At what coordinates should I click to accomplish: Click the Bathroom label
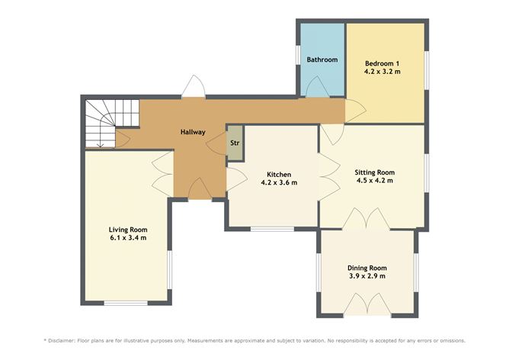pos(322,59)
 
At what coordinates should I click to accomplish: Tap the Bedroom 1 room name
pos(382,63)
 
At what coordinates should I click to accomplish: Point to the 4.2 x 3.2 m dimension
pos(382,72)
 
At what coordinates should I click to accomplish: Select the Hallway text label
pos(193,132)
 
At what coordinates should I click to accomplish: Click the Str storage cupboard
pos(235,143)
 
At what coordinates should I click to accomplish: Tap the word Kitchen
pos(279,175)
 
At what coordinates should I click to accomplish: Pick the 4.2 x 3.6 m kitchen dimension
pos(279,182)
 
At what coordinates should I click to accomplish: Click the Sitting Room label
pos(375,172)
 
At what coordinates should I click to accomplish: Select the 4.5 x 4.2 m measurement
pos(375,181)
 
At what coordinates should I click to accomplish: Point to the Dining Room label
pos(367,268)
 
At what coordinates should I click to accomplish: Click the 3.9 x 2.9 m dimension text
pos(367,276)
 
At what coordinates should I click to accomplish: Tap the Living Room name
pos(128,230)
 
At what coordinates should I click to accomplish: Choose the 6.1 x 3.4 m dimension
pos(128,238)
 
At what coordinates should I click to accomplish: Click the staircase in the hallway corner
pos(111,124)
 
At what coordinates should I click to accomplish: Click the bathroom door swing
pos(318,86)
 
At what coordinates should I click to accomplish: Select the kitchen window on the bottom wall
pos(272,229)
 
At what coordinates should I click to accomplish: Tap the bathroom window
pos(297,55)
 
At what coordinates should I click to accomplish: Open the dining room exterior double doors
pos(367,304)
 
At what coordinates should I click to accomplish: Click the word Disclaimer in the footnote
pos(62,341)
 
